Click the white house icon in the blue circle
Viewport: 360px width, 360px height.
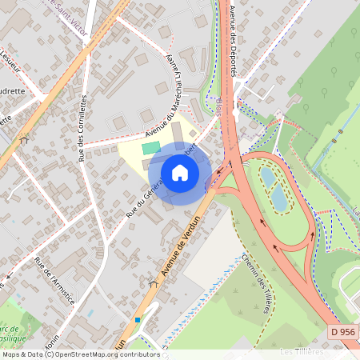[180, 172]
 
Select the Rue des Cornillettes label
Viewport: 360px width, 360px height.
[82, 128]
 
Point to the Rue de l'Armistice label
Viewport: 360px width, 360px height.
[54, 280]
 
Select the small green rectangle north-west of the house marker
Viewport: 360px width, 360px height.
[150, 148]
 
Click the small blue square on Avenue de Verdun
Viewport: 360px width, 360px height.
[138, 320]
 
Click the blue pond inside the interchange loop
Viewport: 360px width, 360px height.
[280, 195]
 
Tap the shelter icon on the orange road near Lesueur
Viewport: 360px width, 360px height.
[24, 141]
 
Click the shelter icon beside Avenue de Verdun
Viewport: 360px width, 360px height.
[153, 283]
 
